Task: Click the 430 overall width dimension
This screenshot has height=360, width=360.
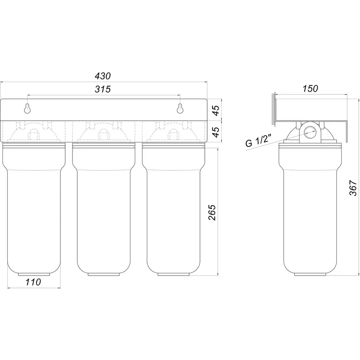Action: click(103, 76)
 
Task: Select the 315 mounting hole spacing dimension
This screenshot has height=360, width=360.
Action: click(103, 89)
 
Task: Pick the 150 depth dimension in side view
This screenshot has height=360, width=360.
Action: click(310, 88)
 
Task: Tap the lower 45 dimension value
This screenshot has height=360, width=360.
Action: click(216, 132)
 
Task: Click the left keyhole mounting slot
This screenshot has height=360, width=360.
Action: click(27, 108)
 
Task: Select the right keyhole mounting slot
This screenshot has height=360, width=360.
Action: click(180, 108)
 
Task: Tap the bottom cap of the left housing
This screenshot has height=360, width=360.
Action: click(34, 274)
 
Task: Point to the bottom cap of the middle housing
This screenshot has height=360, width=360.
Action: click(104, 274)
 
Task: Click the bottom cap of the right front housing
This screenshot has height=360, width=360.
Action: click(174, 274)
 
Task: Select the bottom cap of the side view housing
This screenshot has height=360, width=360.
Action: click(310, 274)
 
